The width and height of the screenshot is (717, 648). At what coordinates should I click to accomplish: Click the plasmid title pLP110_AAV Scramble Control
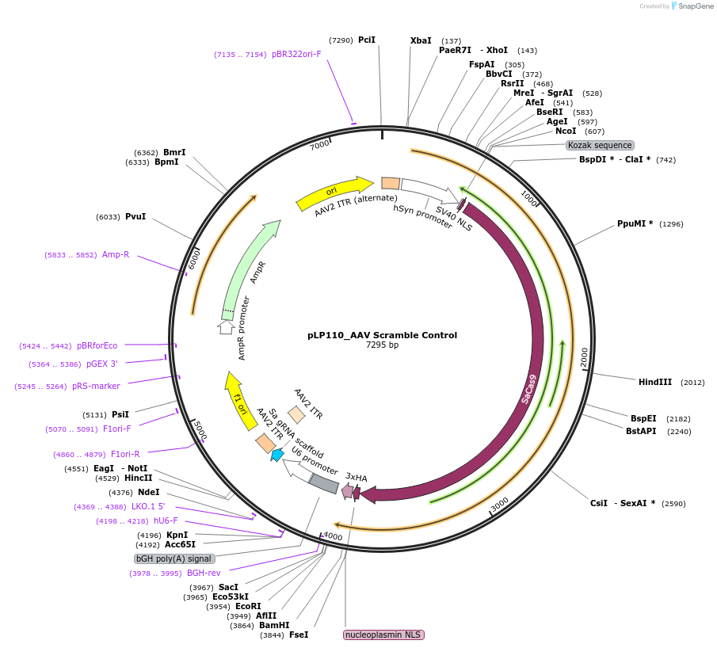pos(382,335)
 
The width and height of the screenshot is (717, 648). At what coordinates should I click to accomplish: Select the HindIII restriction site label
pos(654,382)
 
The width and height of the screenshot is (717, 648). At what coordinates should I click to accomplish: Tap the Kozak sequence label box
pos(600,145)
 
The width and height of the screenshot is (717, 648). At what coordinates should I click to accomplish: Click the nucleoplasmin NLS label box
pos(383,635)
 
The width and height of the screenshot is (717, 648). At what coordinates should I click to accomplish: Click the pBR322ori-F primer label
pos(296,54)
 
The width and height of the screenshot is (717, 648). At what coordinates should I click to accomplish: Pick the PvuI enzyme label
pos(135,216)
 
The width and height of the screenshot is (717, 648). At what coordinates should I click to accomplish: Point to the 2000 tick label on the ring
pos(584,358)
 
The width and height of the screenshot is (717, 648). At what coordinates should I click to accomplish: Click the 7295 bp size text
pos(382,345)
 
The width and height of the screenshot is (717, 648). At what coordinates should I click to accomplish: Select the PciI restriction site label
pos(366,40)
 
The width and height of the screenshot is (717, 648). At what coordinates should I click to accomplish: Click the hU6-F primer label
pos(166,520)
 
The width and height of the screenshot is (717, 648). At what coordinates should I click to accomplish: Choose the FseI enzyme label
pos(299,635)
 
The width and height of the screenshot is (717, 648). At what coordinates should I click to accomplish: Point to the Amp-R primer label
pos(116,254)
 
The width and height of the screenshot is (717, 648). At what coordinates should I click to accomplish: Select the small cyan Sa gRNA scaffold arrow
pos(277,455)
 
